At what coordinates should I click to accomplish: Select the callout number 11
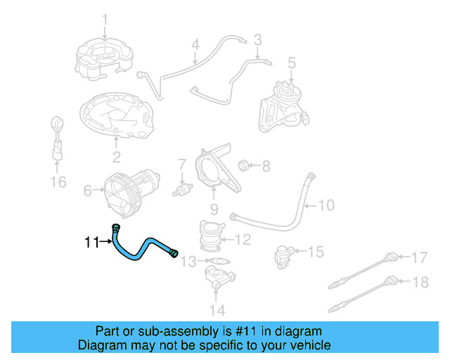pyautogui.click(x=91, y=243)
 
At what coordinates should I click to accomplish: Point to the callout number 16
pyautogui.click(x=58, y=182)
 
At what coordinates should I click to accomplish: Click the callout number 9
pyautogui.click(x=214, y=209)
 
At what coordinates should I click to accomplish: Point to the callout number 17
pyautogui.click(x=419, y=257)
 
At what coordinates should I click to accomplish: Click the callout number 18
pyautogui.click(x=419, y=282)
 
